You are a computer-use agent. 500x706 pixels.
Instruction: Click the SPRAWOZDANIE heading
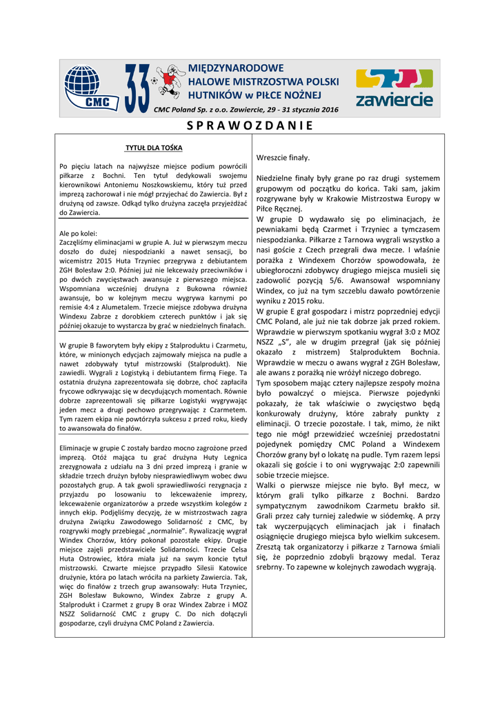click(x=250, y=125)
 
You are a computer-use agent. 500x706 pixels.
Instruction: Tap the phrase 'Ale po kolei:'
click(x=79, y=233)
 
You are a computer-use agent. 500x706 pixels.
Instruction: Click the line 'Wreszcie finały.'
click(x=283, y=158)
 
